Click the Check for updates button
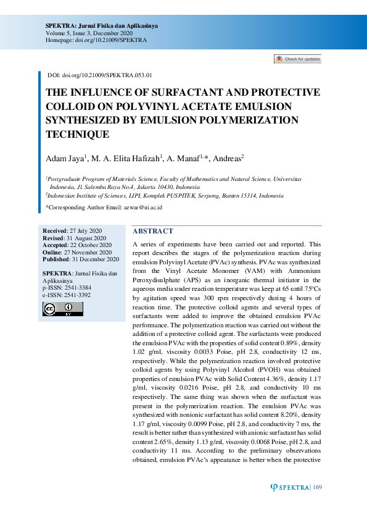point(298,59)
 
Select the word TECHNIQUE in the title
point(78,133)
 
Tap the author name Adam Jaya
point(65,159)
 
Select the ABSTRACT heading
point(153,231)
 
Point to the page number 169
point(318,488)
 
